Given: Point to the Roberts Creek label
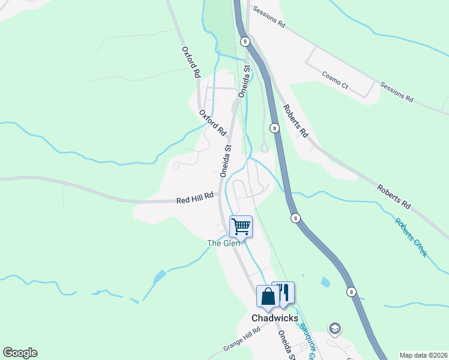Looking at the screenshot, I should coord(411,236).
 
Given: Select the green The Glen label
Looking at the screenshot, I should coord(223,243).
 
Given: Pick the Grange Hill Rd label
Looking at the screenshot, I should coord(241,340).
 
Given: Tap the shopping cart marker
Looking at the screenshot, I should coord(241,227).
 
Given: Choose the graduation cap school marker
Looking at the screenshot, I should coord(334,328).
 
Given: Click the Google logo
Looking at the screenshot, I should coord(20,353).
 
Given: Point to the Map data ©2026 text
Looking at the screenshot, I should coord(423,355).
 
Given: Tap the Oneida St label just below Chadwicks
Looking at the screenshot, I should coord(286,346).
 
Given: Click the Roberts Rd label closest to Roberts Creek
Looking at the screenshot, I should coord(393,196).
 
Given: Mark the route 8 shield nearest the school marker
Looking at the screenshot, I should coord(351,292).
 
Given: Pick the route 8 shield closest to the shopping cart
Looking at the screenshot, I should coord(295,218).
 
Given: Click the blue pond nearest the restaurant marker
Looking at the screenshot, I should coord(325,281).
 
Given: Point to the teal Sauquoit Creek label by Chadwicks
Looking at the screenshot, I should coord(304,338).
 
